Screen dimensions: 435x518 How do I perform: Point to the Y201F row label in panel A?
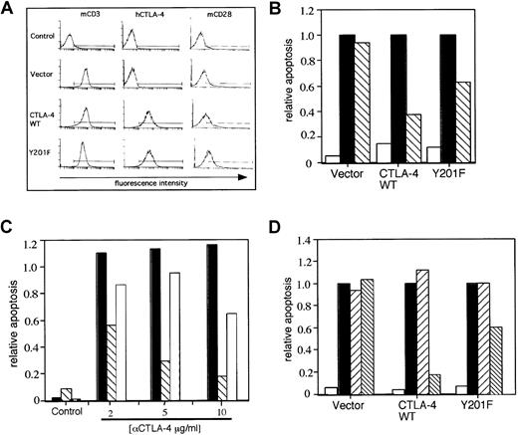(27, 154)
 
